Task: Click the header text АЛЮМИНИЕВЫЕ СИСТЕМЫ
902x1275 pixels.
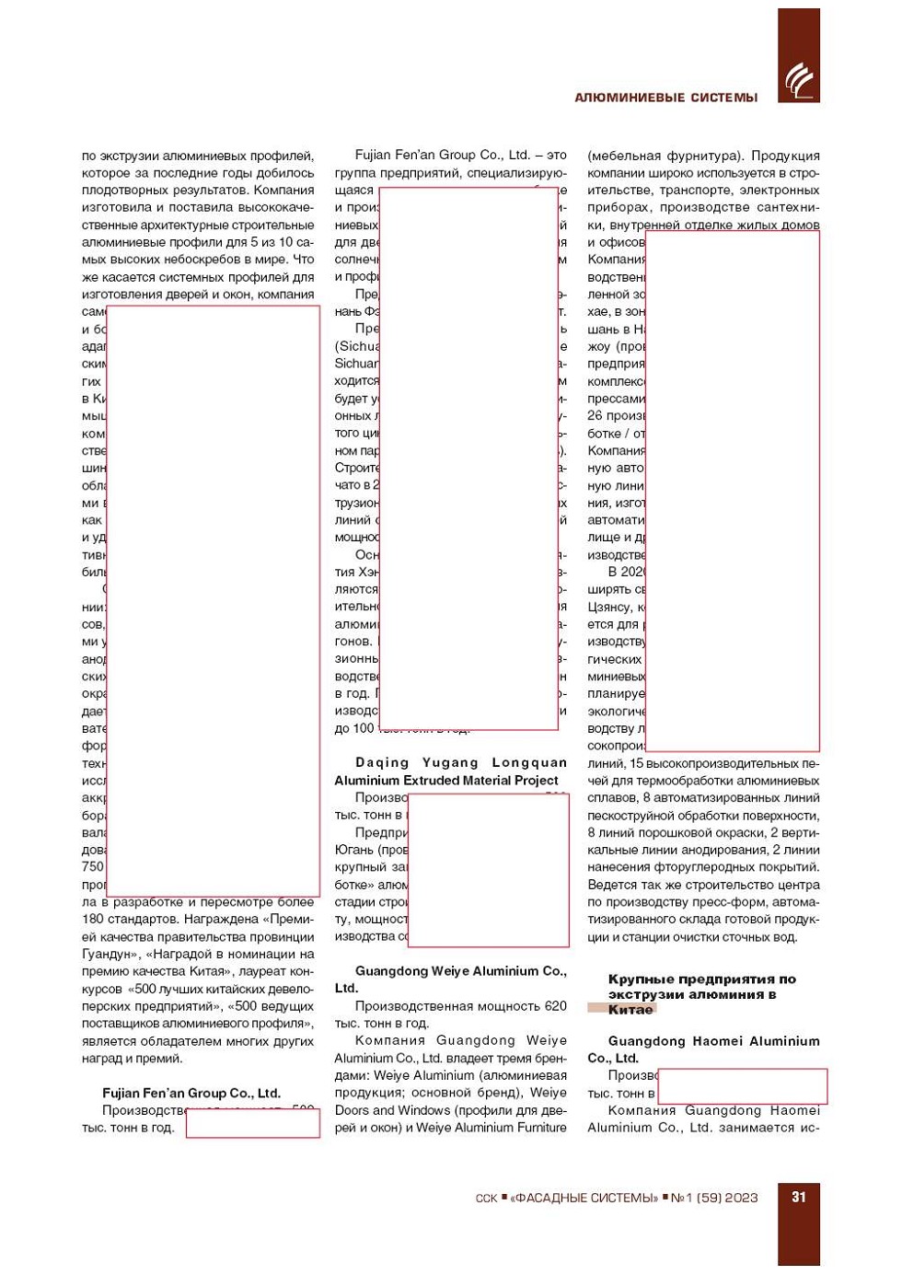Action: pyautogui.click(x=665, y=98)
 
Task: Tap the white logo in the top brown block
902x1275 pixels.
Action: pyautogui.click(x=798, y=81)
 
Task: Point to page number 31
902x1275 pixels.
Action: pyautogui.click(x=798, y=1197)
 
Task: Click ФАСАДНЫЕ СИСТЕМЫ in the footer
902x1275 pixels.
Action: pyautogui.click(x=585, y=1198)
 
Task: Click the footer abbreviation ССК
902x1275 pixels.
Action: pyautogui.click(x=486, y=1199)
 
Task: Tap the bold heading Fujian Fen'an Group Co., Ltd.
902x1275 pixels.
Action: pyautogui.click(x=191, y=1093)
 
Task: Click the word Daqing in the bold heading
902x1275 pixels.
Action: pyautogui.click(x=382, y=762)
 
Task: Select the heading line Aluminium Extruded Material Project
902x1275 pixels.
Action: pyautogui.click(x=446, y=780)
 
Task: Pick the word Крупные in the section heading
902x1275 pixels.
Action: pyautogui.click(x=641, y=979)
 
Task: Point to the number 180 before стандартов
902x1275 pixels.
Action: pyautogui.click(x=93, y=919)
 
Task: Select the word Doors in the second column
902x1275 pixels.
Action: pyautogui.click(x=352, y=1109)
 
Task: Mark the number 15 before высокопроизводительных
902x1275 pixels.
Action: pyautogui.click(x=636, y=762)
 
